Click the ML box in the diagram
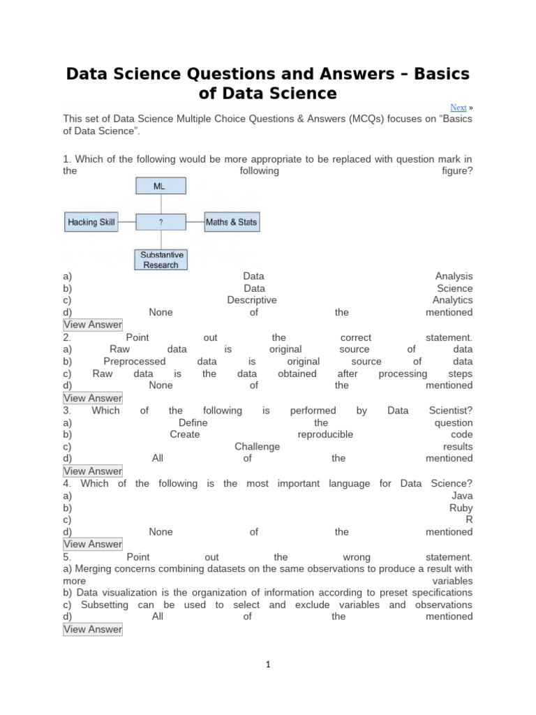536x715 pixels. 161,186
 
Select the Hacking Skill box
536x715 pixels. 91,223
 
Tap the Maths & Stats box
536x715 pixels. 231,223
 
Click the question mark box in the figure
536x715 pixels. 161,223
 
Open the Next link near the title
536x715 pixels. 459,108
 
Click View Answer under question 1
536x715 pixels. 93,325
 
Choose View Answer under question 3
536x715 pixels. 93,471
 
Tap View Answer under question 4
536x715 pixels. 93,544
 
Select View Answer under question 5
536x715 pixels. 93,629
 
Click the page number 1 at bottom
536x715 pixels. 268,665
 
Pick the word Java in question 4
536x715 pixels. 462,496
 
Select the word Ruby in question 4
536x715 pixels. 461,508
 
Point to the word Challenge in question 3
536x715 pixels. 257,447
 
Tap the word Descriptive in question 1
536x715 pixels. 252,300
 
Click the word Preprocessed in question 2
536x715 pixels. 135,362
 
